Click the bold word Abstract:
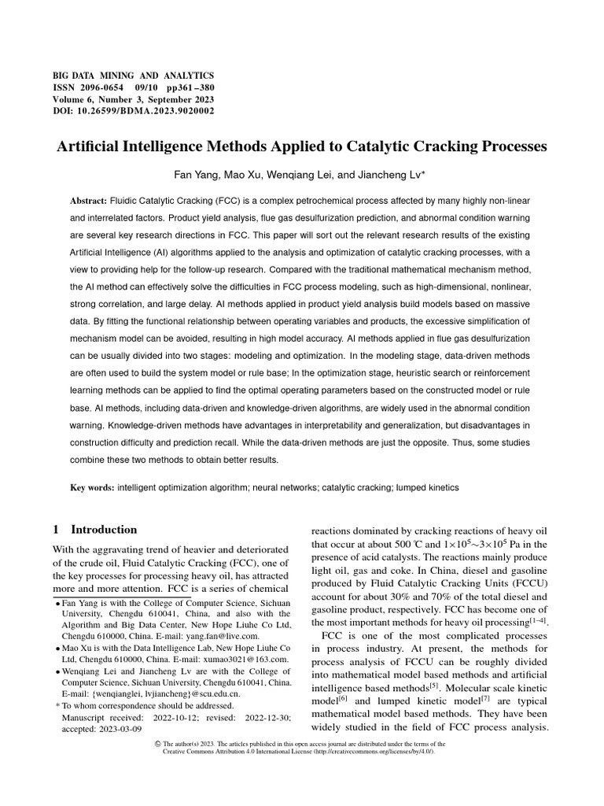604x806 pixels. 89,201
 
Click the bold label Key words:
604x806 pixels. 92,488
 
